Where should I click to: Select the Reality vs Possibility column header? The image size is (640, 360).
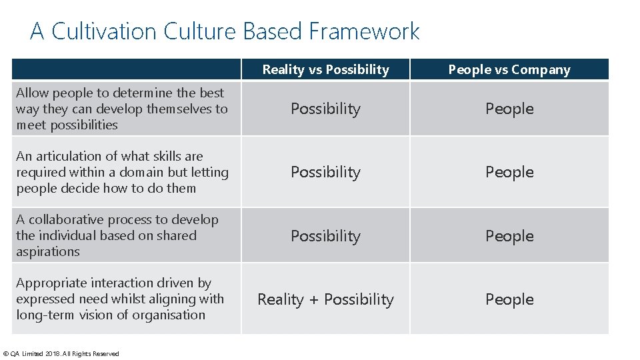point(325,69)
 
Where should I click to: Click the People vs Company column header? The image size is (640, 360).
point(509,69)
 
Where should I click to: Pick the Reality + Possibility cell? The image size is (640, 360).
point(325,299)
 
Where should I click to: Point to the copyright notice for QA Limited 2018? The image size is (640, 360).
point(61,353)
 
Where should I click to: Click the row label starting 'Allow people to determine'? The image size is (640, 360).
point(121,109)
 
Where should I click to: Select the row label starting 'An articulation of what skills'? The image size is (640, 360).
point(121,172)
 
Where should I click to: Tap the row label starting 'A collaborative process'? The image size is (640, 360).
point(117,235)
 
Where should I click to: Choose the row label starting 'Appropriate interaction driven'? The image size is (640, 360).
point(120,299)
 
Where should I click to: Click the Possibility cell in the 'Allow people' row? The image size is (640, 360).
point(325,109)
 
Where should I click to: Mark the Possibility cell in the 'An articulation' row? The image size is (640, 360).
point(325,172)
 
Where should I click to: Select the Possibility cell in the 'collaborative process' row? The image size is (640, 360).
point(325,236)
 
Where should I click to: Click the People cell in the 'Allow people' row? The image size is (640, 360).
point(509,109)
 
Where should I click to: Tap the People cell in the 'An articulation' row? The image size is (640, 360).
point(509,172)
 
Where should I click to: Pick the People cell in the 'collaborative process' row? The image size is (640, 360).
point(509,236)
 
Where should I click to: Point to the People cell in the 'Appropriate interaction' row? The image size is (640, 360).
point(509,299)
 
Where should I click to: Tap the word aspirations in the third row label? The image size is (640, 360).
point(47,251)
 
